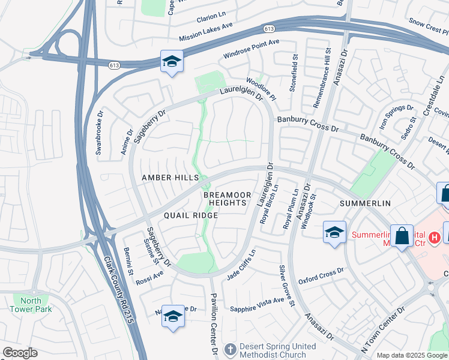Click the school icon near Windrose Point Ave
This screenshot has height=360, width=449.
pos(172,62)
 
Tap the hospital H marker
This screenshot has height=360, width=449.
pos(435,238)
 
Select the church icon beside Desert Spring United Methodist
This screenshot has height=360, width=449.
pos(231,350)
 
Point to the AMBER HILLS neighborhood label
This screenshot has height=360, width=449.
pos(170,178)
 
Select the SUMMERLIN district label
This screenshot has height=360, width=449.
pos(365,203)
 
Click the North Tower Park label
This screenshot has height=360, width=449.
pos(31,305)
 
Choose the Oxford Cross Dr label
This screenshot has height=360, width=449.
pos(321,275)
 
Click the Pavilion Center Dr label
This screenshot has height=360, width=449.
pos(213,322)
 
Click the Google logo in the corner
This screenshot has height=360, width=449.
pos(20,352)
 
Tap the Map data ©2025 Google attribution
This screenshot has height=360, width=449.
pos(411,355)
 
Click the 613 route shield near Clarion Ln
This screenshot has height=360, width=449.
pos(269,29)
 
